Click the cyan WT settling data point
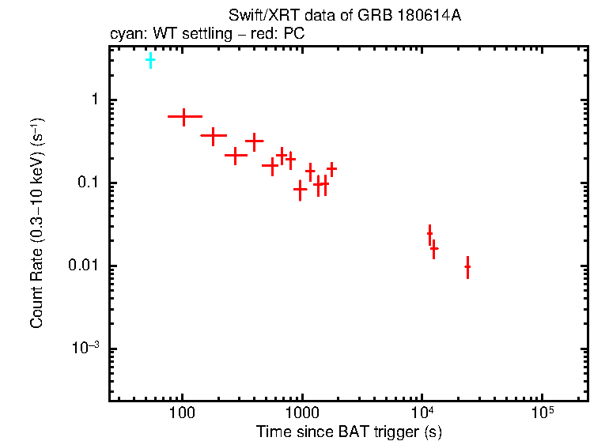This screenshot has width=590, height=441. click(x=150, y=60)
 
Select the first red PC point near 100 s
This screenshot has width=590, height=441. click(x=184, y=116)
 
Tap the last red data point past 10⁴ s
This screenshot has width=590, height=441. click(x=467, y=267)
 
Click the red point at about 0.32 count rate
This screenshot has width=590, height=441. click(x=254, y=142)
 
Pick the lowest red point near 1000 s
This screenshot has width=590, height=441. click(x=301, y=189)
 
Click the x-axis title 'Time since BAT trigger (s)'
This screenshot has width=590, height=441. click(x=348, y=432)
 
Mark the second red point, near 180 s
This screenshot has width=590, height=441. click(x=213, y=136)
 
